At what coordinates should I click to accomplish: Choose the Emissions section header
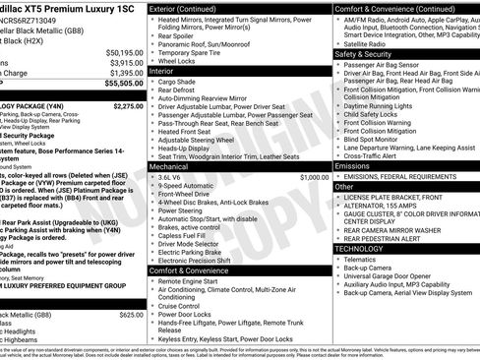[x=356, y=166]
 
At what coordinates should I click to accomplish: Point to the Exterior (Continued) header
[x=191, y=8]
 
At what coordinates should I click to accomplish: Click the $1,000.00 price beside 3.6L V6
[x=315, y=177]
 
